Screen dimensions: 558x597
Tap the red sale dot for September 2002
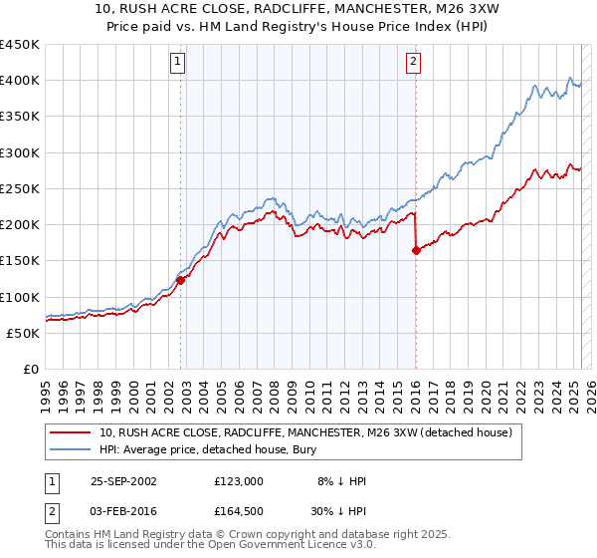pos(181,280)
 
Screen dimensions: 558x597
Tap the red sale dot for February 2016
pos(416,251)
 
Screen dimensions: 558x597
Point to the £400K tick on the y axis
pos(20,81)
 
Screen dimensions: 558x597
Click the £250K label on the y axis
pos(20,188)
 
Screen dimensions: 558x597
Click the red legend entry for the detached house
pos(305,432)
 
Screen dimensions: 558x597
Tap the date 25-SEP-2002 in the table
pos(123,480)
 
